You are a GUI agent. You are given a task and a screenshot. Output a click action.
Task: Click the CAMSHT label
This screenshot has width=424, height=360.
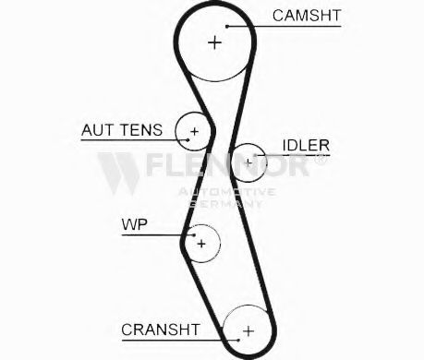point(307,16)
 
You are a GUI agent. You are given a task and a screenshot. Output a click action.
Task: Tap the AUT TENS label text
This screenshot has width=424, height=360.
point(122,130)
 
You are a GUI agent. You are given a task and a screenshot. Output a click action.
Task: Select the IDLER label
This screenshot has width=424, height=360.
point(306,145)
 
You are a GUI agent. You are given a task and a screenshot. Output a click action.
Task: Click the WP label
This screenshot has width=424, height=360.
point(135,224)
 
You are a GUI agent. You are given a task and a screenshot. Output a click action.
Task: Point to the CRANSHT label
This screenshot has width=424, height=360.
point(161,330)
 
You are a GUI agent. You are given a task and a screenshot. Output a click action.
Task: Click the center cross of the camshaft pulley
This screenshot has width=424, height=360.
point(215,42)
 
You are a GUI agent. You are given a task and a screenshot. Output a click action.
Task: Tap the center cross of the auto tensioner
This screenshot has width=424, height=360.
point(194,131)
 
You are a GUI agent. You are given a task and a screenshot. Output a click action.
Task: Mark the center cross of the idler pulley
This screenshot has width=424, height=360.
point(248,162)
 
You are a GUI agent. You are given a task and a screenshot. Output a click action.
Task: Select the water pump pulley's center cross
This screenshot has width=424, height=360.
point(201,244)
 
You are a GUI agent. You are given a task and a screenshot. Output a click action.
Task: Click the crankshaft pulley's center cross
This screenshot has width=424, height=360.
point(248,331)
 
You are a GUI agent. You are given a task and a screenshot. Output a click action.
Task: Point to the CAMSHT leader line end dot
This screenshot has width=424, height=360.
point(227,27)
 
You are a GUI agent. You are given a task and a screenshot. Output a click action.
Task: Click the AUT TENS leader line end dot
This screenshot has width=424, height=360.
point(188,140)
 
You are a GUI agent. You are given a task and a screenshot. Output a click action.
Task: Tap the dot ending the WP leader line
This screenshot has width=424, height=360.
point(194,235)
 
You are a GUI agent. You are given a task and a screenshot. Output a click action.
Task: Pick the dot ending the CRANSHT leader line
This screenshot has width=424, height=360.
point(238,340)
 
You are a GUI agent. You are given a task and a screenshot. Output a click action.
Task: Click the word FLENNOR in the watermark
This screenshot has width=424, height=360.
point(228,164)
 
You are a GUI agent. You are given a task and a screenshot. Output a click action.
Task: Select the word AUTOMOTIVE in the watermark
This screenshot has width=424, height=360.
point(227,192)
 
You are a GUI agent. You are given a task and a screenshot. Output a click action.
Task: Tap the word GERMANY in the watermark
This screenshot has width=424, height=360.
point(225,203)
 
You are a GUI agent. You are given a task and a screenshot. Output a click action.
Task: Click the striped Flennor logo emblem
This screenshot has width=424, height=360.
point(118,174)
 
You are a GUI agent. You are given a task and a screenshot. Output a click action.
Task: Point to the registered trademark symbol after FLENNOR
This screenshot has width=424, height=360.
point(321,160)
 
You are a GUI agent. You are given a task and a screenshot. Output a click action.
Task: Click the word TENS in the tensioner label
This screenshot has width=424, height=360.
point(141,130)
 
